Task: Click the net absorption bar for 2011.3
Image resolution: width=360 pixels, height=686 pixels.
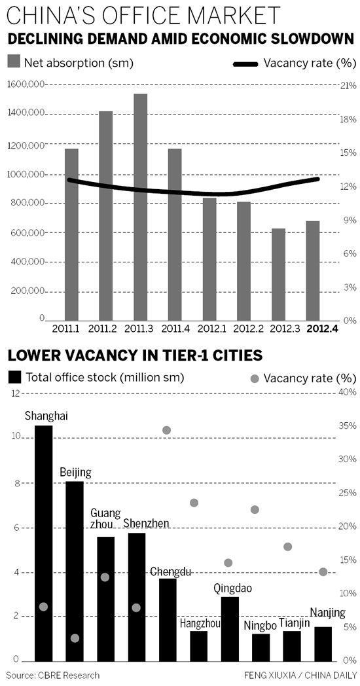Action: [140, 207]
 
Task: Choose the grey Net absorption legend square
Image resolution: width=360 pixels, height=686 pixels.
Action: [14, 63]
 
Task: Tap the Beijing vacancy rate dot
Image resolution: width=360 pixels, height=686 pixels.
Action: [75, 638]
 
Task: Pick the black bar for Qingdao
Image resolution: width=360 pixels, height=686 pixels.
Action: [229, 628]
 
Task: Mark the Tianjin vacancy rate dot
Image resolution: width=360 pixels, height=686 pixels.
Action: [287, 547]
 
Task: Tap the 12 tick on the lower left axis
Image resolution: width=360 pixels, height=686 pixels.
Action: [16, 393]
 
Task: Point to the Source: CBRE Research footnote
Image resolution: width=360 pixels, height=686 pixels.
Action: [53, 675]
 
